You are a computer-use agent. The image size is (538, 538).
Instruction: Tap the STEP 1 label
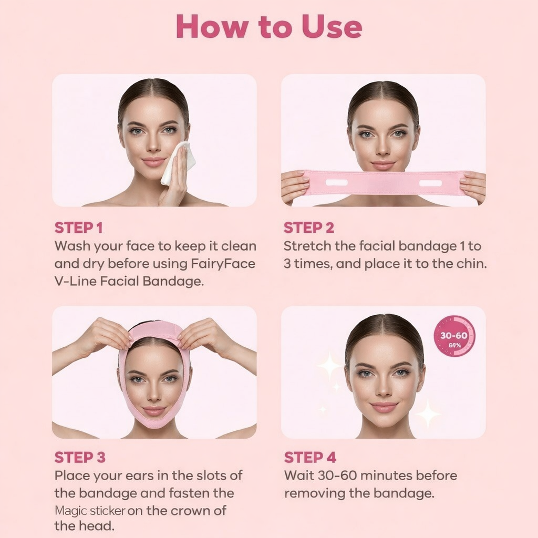[78, 228]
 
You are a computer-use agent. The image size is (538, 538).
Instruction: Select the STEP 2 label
[308, 228]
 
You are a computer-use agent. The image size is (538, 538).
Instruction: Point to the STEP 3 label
[80, 457]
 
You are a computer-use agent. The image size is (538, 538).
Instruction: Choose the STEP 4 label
[310, 457]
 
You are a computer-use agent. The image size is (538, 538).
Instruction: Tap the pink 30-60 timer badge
[454, 336]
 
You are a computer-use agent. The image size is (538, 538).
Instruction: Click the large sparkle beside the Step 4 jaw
[428, 413]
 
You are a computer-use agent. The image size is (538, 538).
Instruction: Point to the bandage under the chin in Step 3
[154, 423]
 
